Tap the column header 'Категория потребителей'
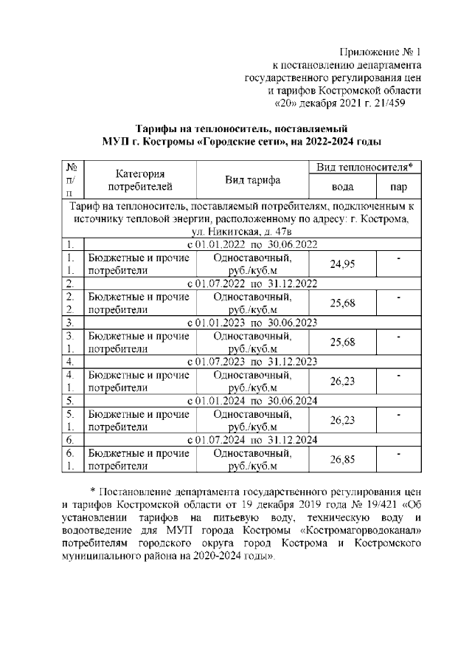click(x=139, y=180)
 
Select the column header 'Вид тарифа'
click(x=253, y=180)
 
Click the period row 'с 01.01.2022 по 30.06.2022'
click(x=253, y=244)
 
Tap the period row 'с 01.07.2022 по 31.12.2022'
click(x=253, y=283)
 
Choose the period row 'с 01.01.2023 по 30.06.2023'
click(x=253, y=323)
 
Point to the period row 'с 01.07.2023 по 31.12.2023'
click(x=253, y=362)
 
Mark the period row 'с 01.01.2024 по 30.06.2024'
click(x=253, y=401)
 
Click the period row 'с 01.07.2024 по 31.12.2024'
click(x=253, y=440)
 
